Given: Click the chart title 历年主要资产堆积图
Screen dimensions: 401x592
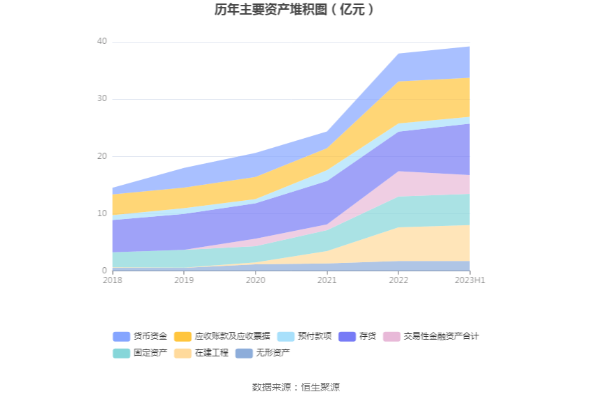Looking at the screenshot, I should (295, 10).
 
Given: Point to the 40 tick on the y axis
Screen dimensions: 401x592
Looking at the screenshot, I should (102, 42).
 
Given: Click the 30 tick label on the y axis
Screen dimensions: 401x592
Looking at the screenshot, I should (102, 99).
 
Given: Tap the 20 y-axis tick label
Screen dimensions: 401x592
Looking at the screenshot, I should (102, 156).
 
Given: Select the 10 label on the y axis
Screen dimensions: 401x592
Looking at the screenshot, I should (102, 213).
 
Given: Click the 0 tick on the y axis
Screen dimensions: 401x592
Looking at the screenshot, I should (104, 271).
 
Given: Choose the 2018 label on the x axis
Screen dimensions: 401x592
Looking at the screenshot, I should (112, 280).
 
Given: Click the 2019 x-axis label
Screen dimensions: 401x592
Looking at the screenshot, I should (184, 280).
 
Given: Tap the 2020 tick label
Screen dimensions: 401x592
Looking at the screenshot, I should (255, 280).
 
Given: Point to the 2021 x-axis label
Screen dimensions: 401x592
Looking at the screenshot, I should (327, 280).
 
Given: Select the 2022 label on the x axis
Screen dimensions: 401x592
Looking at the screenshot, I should (398, 280).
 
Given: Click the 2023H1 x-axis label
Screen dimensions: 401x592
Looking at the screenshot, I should (469, 280).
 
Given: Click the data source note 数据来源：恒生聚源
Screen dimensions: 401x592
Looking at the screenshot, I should (295, 387).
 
